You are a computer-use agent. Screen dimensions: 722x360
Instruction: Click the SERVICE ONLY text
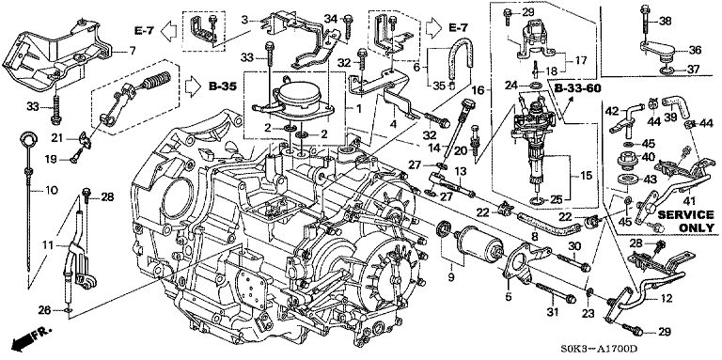(686, 221)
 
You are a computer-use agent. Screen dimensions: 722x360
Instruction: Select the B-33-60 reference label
(578, 88)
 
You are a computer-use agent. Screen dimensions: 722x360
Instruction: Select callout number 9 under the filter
(451, 276)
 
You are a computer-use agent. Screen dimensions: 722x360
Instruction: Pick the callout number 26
(44, 310)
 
